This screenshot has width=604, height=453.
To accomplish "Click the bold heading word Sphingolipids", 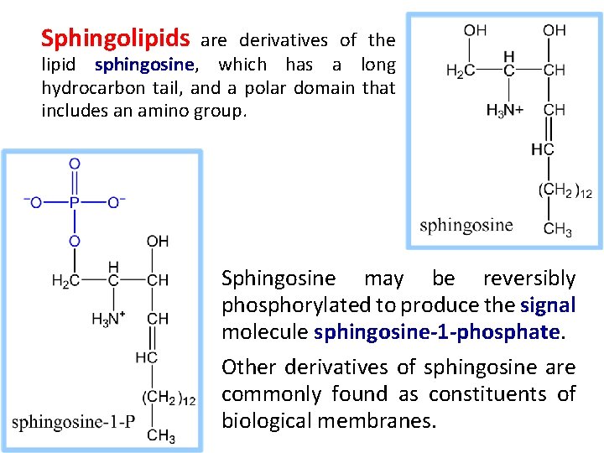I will pyautogui.click(x=117, y=39).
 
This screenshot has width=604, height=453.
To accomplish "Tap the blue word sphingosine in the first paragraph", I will pyautogui.click(x=145, y=65).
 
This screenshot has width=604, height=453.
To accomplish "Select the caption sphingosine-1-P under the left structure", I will pyautogui.click(x=74, y=421).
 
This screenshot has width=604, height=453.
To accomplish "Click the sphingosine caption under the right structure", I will pyautogui.click(x=466, y=224).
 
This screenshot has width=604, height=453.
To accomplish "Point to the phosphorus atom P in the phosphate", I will pyautogui.click(x=75, y=202).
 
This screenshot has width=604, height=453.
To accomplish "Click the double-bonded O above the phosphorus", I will pyautogui.click(x=75, y=164).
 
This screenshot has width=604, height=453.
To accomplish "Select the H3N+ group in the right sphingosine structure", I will pyautogui.click(x=505, y=110).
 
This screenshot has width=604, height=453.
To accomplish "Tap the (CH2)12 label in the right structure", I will pyautogui.click(x=565, y=190).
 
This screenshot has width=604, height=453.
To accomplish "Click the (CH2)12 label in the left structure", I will pyautogui.click(x=169, y=398).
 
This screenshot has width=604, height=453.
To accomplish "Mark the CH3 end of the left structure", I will pyautogui.click(x=160, y=435).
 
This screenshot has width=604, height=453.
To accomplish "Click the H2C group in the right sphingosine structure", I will pyautogui.click(x=460, y=71).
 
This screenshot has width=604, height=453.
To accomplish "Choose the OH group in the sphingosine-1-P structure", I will pyautogui.click(x=157, y=242).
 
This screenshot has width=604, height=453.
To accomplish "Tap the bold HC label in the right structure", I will pyautogui.click(x=543, y=150).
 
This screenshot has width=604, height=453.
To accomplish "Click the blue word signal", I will pyautogui.click(x=548, y=305).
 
